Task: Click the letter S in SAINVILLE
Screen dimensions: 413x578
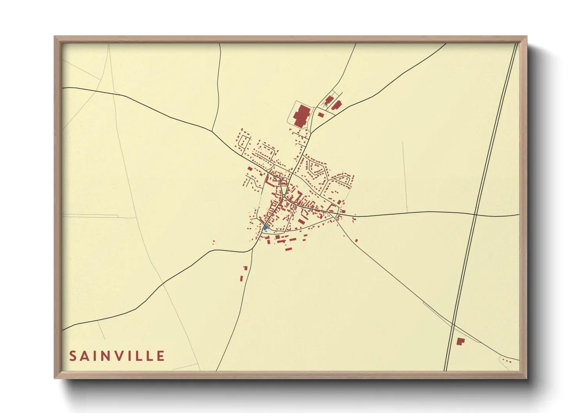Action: (73, 356)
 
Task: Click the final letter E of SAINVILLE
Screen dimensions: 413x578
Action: (161, 356)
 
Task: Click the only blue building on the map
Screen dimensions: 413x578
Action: (266, 227)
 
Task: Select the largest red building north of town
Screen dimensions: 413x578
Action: (301, 116)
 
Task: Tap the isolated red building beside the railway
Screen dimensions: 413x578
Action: (460, 342)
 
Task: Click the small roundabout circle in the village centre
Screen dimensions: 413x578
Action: (284, 196)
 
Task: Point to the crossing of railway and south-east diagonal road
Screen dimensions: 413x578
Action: (453, 325)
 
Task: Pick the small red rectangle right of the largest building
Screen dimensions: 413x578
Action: (321, 115)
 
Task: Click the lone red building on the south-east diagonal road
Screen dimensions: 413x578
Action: (356, 240)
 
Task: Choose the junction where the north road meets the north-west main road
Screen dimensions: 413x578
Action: (212, 131)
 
